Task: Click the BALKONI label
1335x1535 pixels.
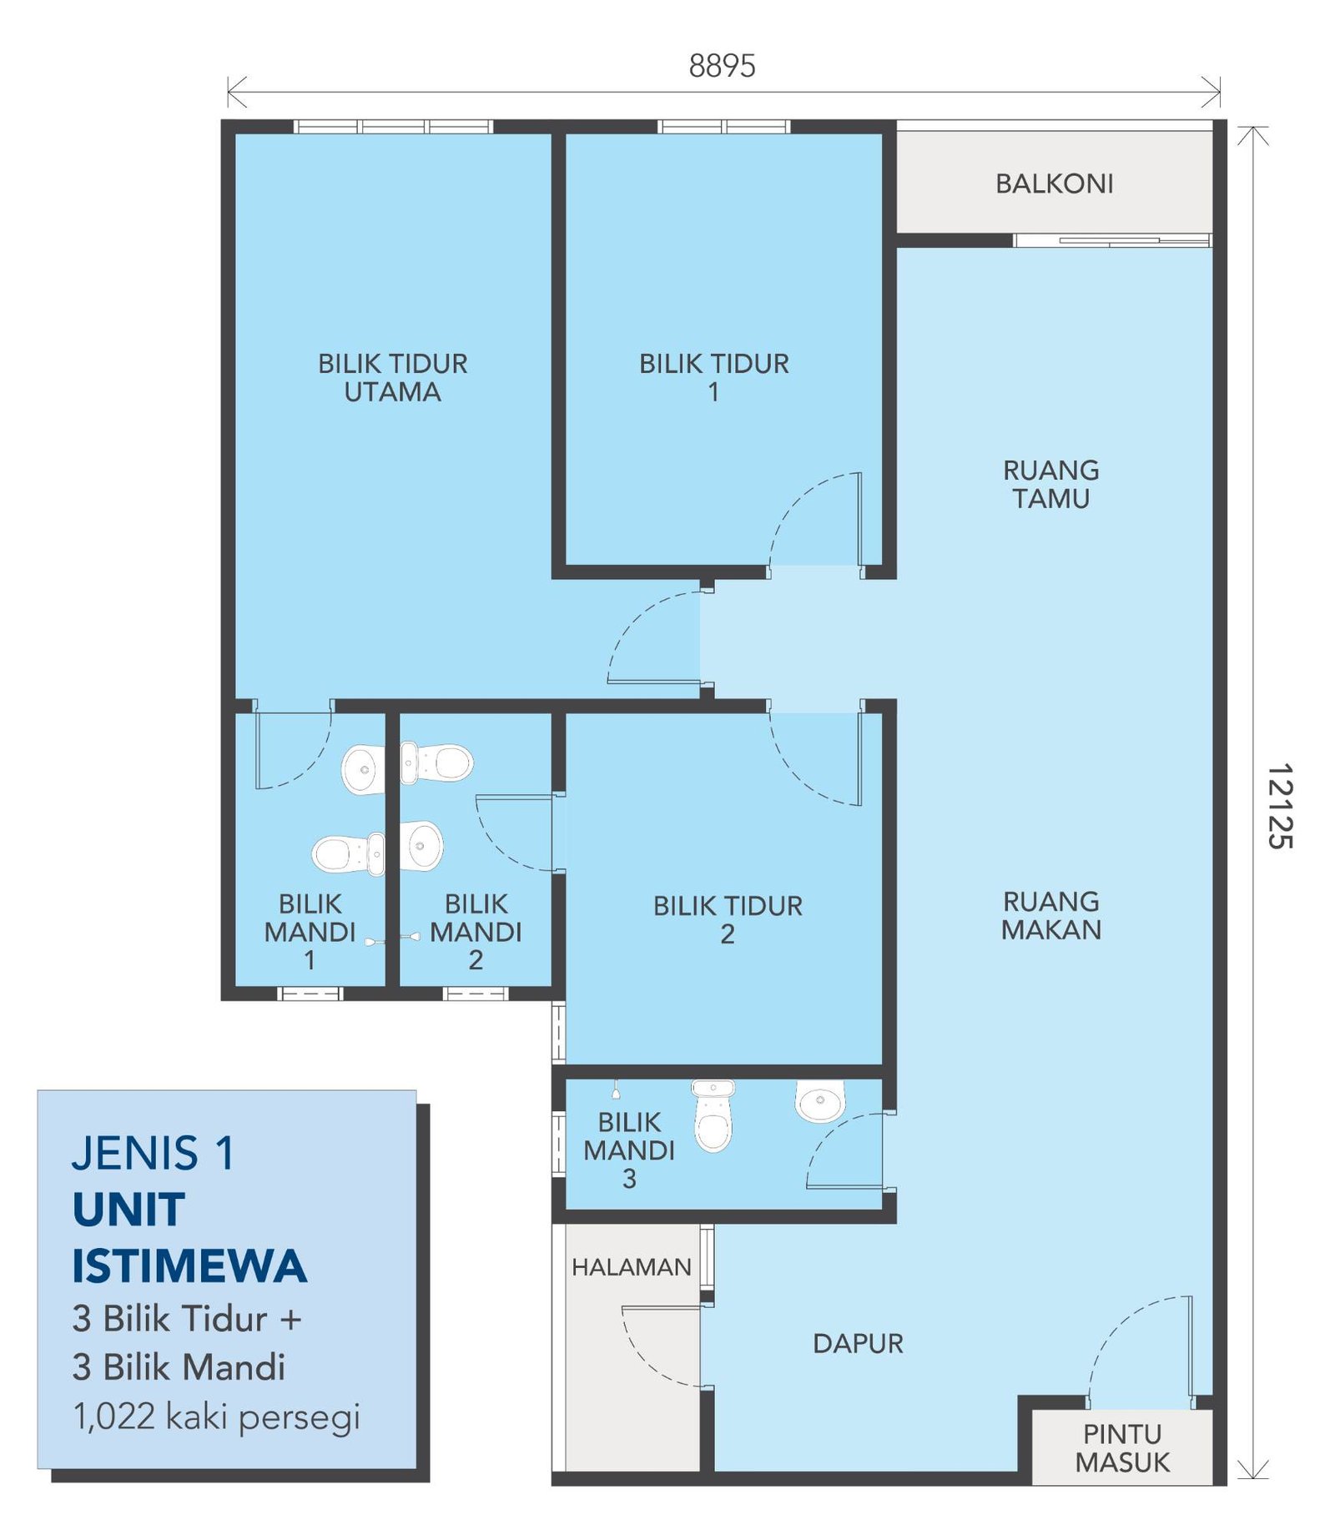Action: [1054, 184]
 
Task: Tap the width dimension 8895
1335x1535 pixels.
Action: [722, 66]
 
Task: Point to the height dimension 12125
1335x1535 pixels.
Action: [1279, 806]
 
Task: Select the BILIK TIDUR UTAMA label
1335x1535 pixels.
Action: [392, 378]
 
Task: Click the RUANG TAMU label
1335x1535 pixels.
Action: [1050, 484]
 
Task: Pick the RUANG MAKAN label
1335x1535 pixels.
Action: [1050, 915]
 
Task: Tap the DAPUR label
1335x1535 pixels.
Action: [858, 1343]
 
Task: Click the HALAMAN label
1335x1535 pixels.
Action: [631, 1267]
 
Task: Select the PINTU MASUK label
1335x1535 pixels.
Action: [1122, 1447]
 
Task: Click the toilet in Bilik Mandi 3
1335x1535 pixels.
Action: [713, 1115]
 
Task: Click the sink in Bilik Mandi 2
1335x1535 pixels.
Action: [421, 845]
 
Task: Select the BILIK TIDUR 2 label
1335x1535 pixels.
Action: [728, 919]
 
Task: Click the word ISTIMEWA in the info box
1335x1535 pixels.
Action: [189, 1266]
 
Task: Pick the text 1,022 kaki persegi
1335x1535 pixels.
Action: [217, 1416]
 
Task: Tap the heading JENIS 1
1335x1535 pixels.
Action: [153, 1153]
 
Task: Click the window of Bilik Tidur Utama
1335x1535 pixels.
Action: [393, 127]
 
